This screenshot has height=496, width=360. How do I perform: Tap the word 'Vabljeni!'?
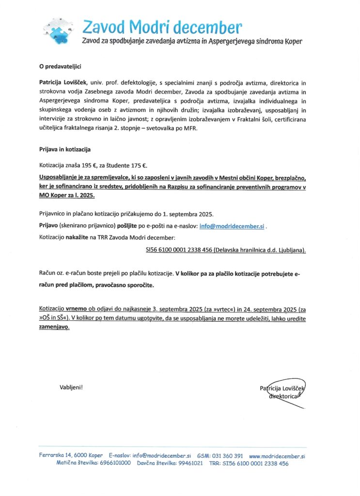(x=71, y=387)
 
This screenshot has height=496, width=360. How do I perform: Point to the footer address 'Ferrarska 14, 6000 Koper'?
(x=71, y=456)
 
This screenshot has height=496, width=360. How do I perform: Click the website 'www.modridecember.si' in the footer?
(x=277, y=456)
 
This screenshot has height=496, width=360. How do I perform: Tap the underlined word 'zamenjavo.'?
(x=54, y=327)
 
